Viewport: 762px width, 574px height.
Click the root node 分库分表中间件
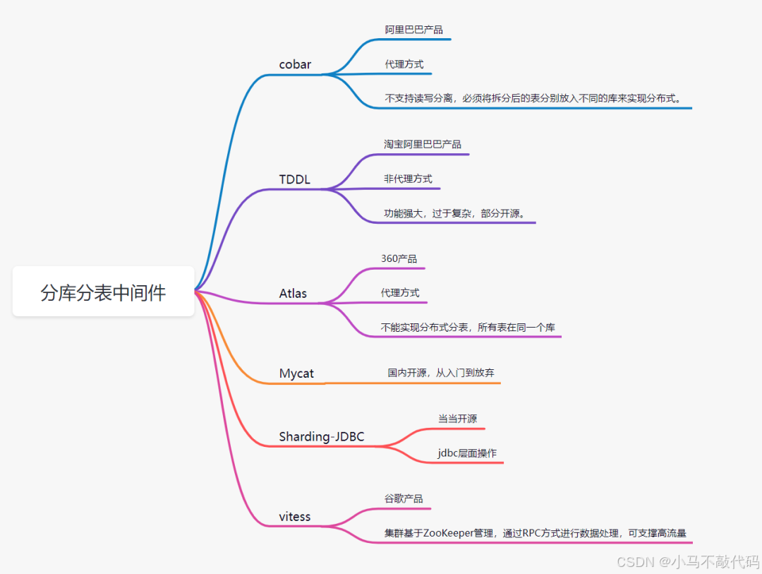tap(103, 292)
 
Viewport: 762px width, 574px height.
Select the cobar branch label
tap(295, 64)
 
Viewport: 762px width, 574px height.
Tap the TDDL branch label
tap(294, 179)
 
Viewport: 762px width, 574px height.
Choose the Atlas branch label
tap(293, 293)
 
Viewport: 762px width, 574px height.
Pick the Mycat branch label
tap(296, 373)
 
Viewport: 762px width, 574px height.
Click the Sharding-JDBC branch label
tap(321, 436)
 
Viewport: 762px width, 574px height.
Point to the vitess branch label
tap(294, 516)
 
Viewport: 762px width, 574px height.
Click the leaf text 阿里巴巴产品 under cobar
tap(413, 30)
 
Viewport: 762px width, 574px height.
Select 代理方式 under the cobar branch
tap(404, 64)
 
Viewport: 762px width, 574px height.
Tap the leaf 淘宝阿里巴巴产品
tap(423, 144)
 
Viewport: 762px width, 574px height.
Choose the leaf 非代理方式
tap(408, 179)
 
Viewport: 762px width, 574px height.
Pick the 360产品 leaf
tap(399, 258)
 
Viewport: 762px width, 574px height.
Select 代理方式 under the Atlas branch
tap(400, 292)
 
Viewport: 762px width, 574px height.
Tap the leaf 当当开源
tap(457, 419)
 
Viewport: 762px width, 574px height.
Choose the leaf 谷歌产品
tap(404, 498)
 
